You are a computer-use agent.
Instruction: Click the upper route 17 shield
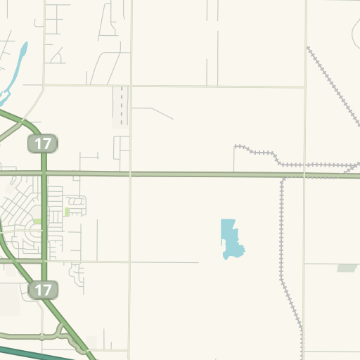click(x=43, y=144)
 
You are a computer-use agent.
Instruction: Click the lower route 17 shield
click(x=43, y=289)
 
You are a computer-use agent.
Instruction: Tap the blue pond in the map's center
click(x=230, y=238)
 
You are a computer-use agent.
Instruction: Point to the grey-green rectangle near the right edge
click(x=347, y=268)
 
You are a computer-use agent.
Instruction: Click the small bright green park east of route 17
click(x=67, y=212)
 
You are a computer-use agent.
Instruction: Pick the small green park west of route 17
click(x=37, y=221)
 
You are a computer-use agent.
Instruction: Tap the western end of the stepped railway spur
click(x=236, y=147)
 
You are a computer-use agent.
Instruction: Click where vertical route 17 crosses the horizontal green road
click(x=44, y=173)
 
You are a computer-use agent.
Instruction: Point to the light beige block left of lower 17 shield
click(x=10, y=300)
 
